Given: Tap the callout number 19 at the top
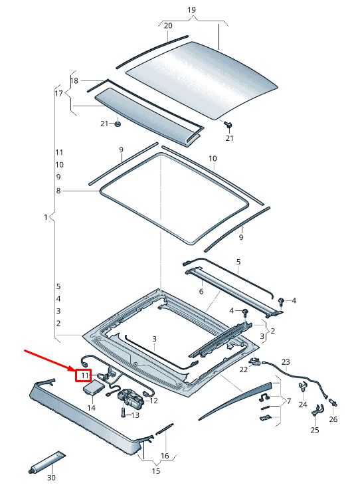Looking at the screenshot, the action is pos(191,10).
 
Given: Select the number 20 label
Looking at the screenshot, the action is pos(168,26).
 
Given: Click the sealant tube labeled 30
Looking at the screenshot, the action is pos(47,462).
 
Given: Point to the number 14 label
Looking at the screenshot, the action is pos(91,408).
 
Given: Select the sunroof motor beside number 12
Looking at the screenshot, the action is pos(131,398).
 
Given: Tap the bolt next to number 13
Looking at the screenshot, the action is pos(123,411).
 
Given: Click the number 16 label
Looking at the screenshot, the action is pos(165,456).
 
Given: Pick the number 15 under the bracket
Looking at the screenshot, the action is pos(156,470).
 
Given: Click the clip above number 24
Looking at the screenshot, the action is pos(303,387).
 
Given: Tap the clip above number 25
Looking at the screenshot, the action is pos(317,410).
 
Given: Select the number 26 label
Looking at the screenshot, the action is pos(333,419).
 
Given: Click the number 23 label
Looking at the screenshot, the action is pos(286,362).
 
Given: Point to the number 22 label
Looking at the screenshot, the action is pos(244,369).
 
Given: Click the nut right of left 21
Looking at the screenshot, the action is pos(118,124).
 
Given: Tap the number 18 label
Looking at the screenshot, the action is pos(74,81).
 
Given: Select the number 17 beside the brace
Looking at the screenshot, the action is pos(59,93).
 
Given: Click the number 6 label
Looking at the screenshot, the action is pos(201,292).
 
